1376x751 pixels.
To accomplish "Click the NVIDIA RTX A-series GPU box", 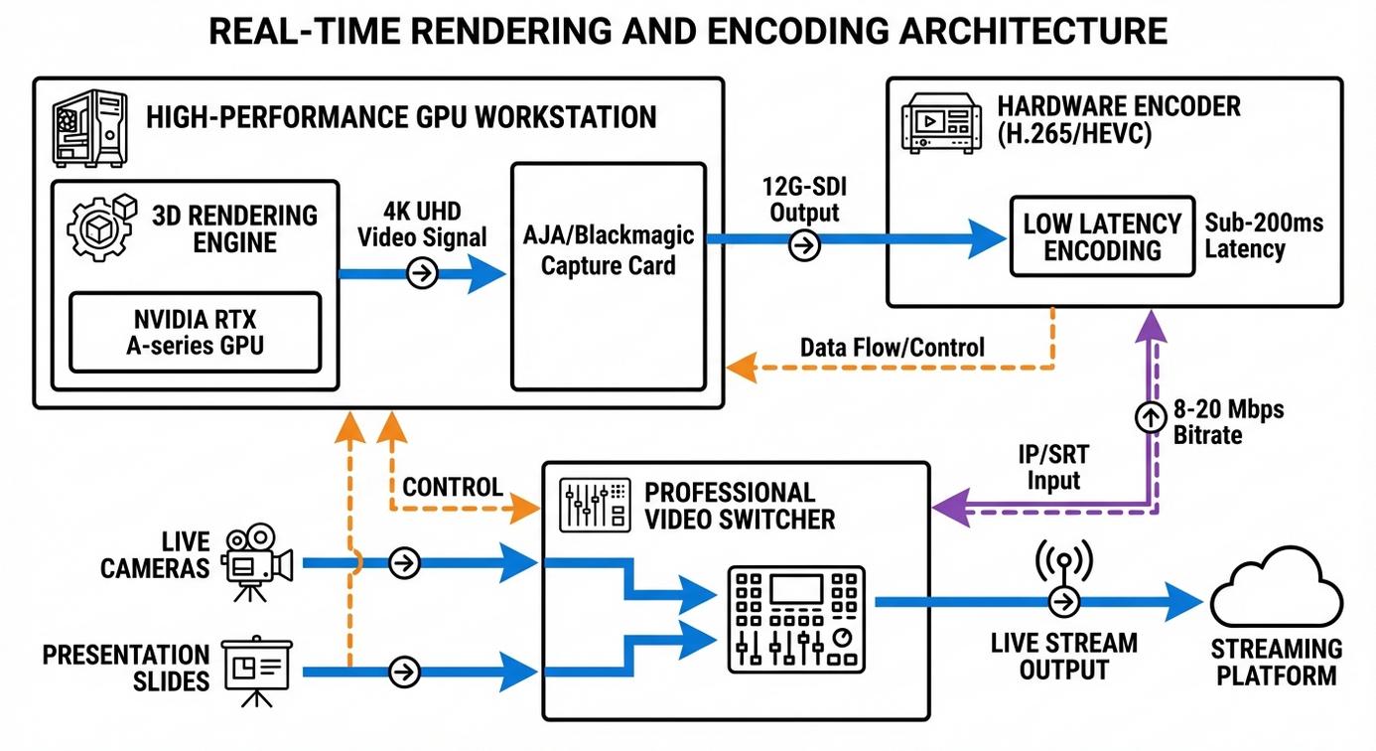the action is (x=196, y=333).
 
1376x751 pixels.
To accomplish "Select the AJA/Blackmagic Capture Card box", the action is (x=609, y=276).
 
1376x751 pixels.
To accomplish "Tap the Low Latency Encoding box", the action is (x=1103, y=236).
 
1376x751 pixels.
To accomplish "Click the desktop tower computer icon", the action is (x=89, y=128).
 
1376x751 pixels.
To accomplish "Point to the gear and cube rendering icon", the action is (x=101, y=227).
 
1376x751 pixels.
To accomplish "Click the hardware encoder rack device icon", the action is (x=941, y=123).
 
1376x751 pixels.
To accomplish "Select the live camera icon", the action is (x=256, y=562).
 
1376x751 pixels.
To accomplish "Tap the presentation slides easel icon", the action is (x=256, y=671).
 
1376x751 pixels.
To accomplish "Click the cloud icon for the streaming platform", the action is (x=1277, y=588).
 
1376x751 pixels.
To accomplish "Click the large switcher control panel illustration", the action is (x=796, y=620).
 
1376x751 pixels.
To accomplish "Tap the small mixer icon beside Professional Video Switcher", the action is (x=595, y=505).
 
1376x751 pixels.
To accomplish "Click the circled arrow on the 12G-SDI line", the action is (x=804, y=245).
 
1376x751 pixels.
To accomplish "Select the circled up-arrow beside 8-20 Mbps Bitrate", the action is (x=1150, y=418).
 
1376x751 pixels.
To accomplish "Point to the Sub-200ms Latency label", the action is (x=1264, y=236).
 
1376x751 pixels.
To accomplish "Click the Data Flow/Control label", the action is (x=892, y=348).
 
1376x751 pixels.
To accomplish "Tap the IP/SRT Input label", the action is (x=1053, y=468).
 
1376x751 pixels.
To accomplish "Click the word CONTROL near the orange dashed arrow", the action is (x=453, y=488).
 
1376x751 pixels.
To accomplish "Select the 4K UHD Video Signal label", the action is (x=422, y=225).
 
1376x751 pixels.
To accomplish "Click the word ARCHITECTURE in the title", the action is (x=1032, y=31).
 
